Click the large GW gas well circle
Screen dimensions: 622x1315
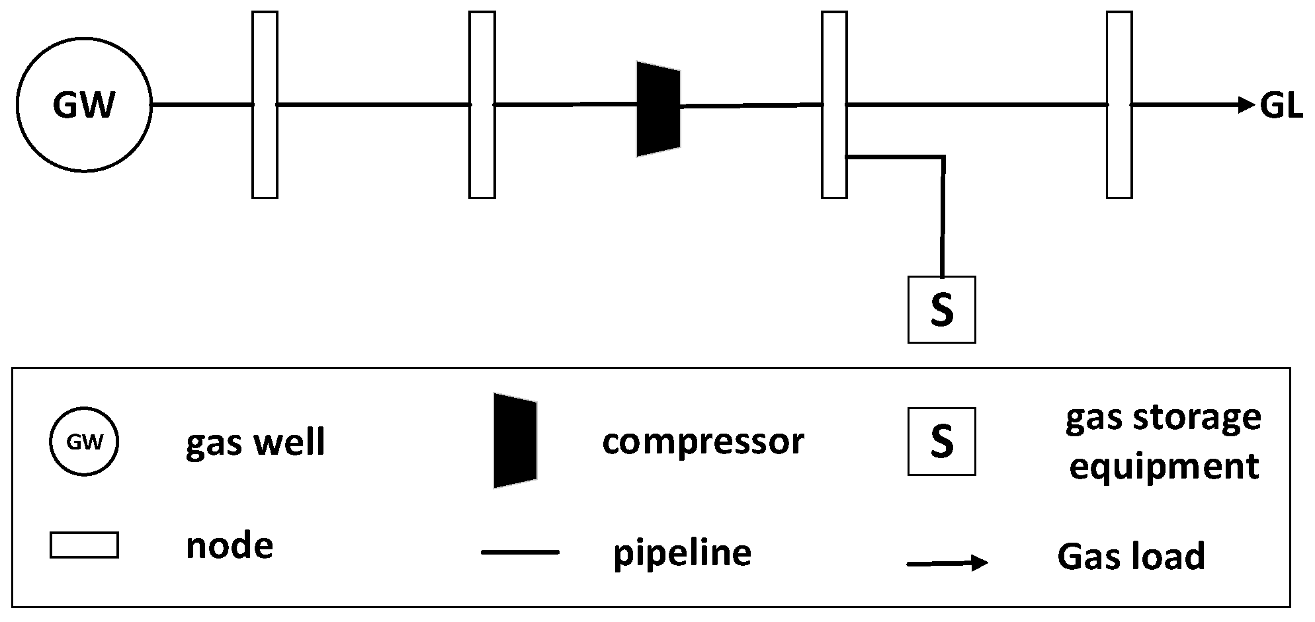click(x=84, y=105)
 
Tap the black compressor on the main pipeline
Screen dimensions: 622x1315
click(x=658, y=109)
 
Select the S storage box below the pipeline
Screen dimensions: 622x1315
click(x=941, y=309)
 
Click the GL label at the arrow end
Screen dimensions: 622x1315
click(x=1281, y=106)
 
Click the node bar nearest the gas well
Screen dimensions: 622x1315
click(x=265, y=104)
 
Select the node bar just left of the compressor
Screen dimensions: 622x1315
click(x=482, y=104)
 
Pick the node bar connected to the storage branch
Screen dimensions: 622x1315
click(x=834, y=104)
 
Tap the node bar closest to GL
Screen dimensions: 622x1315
click(x=1119, y=104)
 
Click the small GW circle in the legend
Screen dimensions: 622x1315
click(x=84, y=442)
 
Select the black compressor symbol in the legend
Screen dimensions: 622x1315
click(x=515, y=441)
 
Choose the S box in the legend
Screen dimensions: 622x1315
click(x=941, y=442)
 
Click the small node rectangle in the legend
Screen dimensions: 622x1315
click(x=84, y=545)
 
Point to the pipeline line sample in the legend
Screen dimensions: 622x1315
click(x=521, y=551)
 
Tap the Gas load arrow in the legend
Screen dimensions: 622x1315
click(x=947, y=563)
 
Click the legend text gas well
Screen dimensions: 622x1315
click(x=255, y=442)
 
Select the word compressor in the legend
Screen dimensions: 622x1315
click(x=702, y=441)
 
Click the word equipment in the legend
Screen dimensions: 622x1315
click(x=1164, y=467)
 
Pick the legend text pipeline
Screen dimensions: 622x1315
click(x=682, y=553)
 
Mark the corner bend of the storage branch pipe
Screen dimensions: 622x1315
click(x=943, y=157)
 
